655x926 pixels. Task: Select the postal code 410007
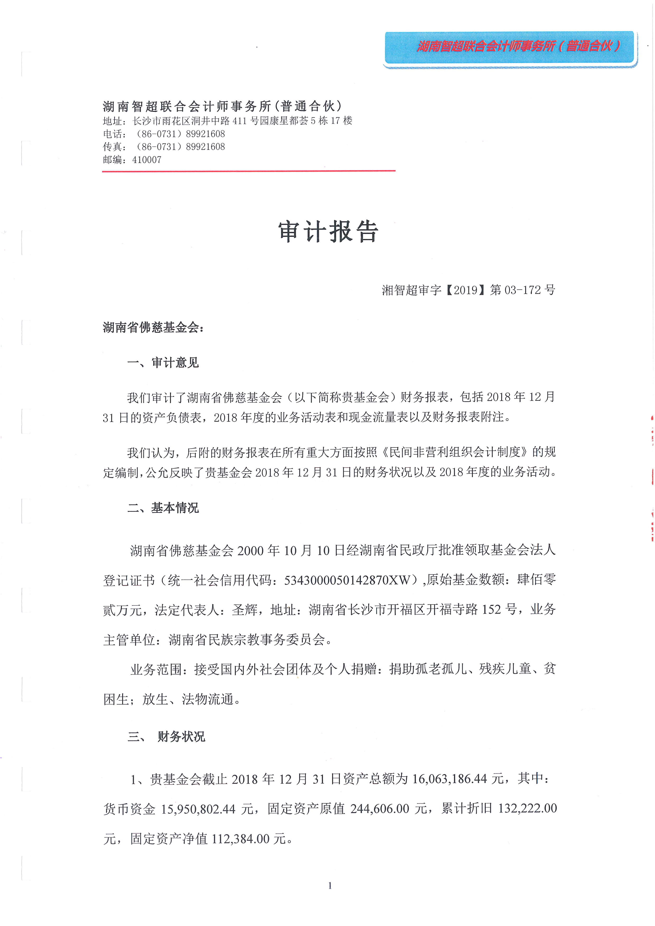[147, 160]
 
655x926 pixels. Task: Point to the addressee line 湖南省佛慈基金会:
[153, 327]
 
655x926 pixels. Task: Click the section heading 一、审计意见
[163, 363]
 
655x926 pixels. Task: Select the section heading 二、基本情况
[163, 508]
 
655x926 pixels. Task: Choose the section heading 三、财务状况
[166, 736]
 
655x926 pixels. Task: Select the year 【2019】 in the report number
[466, 290]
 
